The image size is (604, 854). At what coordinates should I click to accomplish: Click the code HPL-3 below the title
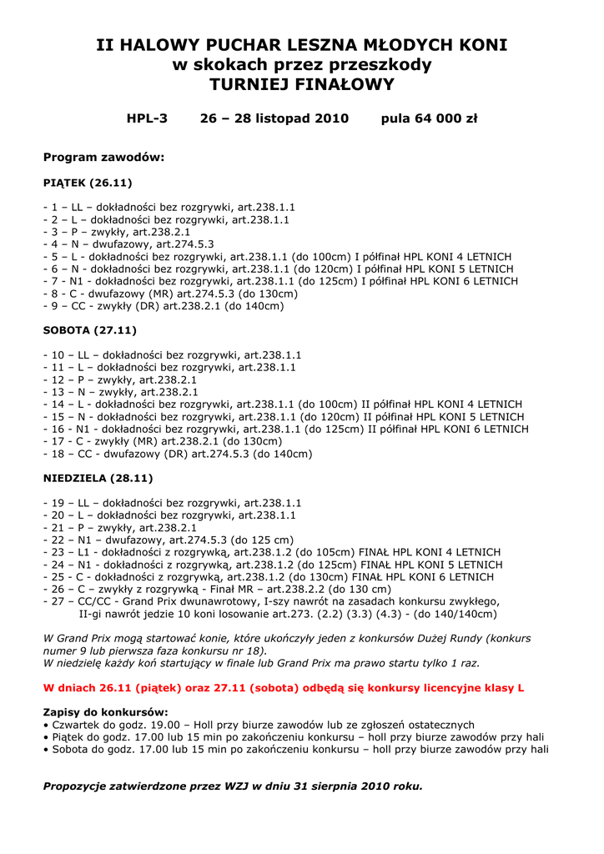tap(147, 118)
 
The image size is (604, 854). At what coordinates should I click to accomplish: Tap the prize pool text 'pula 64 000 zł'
tap(429, 118)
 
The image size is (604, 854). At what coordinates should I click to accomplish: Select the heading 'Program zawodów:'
tap(103, 157)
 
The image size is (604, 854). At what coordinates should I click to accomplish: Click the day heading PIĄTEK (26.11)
tap(88, 182)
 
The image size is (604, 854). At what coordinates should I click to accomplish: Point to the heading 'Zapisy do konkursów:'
tap(105, 712)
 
